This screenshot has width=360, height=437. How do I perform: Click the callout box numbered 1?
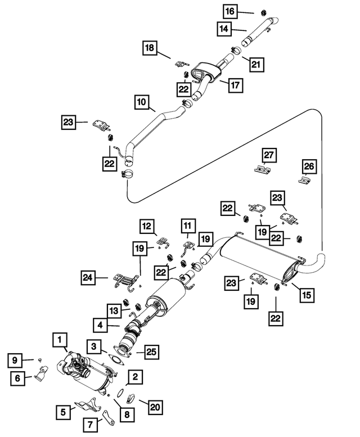(x=59, y=340)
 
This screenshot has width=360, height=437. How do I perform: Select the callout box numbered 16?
(x=230, y=11)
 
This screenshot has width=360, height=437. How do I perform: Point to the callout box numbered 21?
(x=256, y=65)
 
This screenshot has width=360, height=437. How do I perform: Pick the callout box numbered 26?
(x=309, y=166)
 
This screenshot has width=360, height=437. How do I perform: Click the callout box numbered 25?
(x=151, y=352)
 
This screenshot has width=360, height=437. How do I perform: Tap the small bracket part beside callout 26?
(x=304, y=180)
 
